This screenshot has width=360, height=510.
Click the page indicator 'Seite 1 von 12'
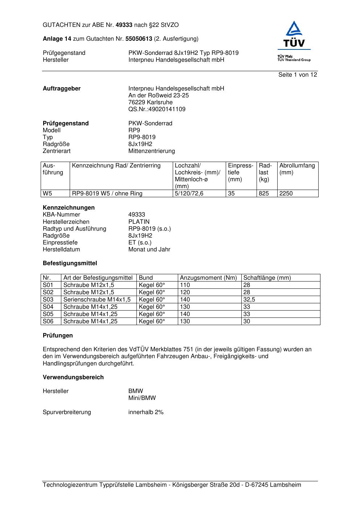[x=298, y=75]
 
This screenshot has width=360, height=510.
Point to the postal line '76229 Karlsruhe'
[x=150, y=102]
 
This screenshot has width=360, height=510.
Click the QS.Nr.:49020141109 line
[x=157, y=109]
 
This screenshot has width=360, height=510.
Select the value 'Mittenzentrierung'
[x=151, y=151]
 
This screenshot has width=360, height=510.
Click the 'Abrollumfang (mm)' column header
[x=297, y=169]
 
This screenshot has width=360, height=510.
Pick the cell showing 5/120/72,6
[x=189, y=194]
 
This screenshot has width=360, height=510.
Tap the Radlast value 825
[x=264, y=194]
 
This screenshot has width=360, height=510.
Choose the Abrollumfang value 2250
[x=286, y=194]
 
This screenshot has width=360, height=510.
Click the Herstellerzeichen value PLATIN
[x=139, y=222]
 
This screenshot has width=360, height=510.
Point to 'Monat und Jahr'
[x=149, y=250]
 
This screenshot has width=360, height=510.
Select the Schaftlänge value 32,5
[x=249, y=300]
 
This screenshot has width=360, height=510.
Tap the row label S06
[x=48, y=321]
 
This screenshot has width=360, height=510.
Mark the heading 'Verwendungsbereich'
[x=73, y=377]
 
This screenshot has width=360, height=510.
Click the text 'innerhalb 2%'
[x=146, y=412]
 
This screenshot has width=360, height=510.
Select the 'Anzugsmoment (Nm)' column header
[x=208, y=278]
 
